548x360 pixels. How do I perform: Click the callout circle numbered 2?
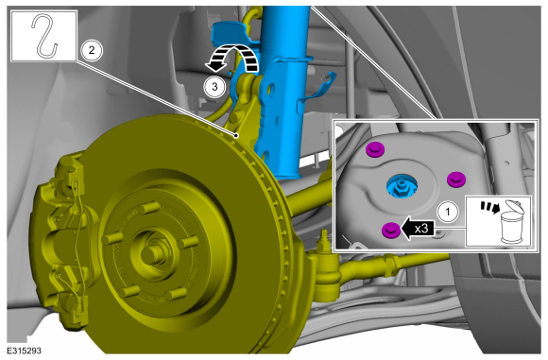tap(92, 50)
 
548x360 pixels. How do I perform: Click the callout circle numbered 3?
tap(214, 86)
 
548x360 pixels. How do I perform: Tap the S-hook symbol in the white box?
tap(44, 35)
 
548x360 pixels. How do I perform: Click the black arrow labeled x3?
tap(418, 229)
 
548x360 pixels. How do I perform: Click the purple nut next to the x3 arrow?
tap(391, 231)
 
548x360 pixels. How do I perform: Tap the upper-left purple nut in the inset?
tap(375, 149)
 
